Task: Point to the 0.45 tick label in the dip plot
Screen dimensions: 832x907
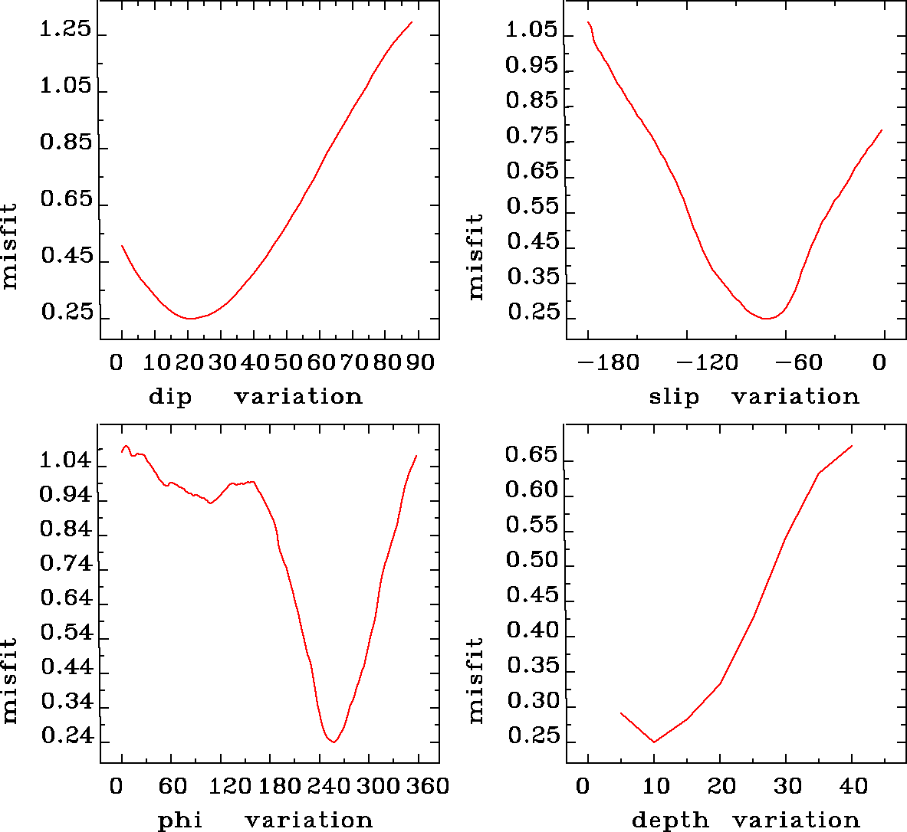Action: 66,256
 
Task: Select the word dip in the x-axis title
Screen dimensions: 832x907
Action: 169,397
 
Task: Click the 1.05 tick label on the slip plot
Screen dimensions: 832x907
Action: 531,31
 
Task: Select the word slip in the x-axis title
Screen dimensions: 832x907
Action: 674,397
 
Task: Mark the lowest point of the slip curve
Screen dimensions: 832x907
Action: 765,318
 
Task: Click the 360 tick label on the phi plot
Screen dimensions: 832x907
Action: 426,787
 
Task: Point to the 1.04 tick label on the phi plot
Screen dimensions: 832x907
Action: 65,461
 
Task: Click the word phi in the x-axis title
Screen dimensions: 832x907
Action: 180,821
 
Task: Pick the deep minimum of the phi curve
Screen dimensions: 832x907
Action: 334,742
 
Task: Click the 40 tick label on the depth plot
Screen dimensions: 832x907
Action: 853,787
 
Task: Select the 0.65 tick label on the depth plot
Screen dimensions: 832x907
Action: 531,456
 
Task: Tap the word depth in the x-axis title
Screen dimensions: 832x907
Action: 670,821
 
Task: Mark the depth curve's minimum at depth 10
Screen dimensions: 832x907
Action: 654,742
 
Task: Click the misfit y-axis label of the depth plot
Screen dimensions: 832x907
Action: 476,680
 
